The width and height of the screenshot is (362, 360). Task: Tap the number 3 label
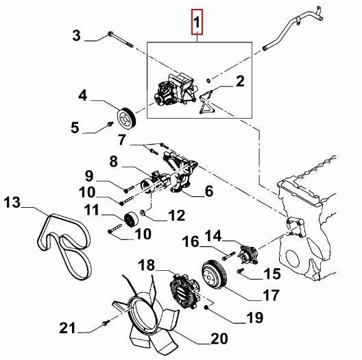coord(77,34)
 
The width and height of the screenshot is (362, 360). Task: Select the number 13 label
coord(14,202)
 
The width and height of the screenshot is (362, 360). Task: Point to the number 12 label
coord(176,215)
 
